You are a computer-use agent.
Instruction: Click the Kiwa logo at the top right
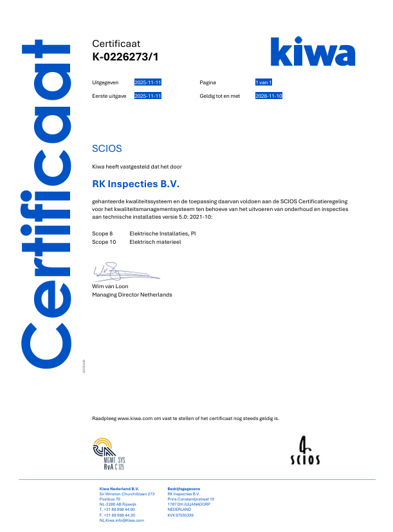(312, 51)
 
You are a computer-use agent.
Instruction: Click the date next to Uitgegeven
(147, 82)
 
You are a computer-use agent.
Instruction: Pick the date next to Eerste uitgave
(147, 96)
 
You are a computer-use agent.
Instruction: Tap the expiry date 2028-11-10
(269, 96)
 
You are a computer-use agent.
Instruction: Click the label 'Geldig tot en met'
(219, 96)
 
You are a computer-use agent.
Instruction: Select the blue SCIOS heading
(107, 149)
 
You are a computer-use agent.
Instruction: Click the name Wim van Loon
(110, 286)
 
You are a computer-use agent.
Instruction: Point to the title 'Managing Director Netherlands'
(132, 295)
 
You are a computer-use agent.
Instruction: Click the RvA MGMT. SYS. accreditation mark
(109, 452)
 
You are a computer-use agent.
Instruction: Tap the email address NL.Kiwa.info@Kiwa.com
(122, 520)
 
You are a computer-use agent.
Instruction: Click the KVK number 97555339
(180, 515)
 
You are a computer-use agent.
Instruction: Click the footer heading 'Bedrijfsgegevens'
(183, 488)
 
